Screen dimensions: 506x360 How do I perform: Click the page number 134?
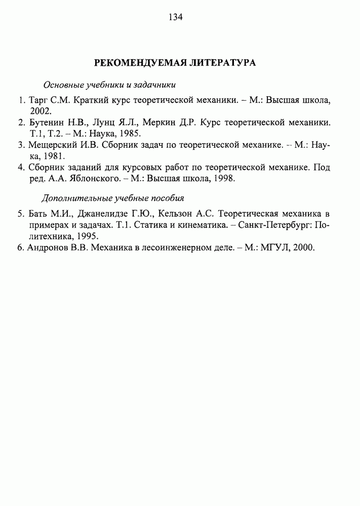coord(175,17)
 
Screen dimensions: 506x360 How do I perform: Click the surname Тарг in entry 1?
coord(37,100)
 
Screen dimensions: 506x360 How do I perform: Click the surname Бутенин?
coord(48,122)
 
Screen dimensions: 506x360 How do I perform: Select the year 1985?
coord(130,134)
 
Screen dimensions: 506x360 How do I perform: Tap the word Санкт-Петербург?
coord(273,224)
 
